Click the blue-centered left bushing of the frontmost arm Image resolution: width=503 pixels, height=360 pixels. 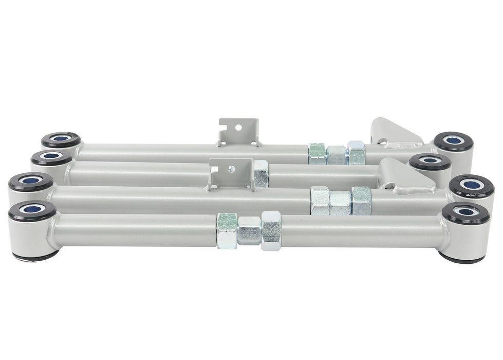[x=32, y=210]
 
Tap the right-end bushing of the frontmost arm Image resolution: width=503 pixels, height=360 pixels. [x=465, y=212]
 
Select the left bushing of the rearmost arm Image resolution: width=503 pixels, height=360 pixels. [x=61, y=139]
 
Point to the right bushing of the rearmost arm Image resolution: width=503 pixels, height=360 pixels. [x=453, y=140]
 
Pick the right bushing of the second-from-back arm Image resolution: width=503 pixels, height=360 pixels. [x=430, y=161]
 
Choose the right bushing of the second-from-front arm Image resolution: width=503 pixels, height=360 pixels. [x=471, y=185]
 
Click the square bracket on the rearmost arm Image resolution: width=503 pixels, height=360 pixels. [x=238, y=132]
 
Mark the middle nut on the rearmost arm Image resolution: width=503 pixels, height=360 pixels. [x=337, y=153]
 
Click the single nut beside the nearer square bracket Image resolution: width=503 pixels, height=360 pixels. [x=261, y=174]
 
